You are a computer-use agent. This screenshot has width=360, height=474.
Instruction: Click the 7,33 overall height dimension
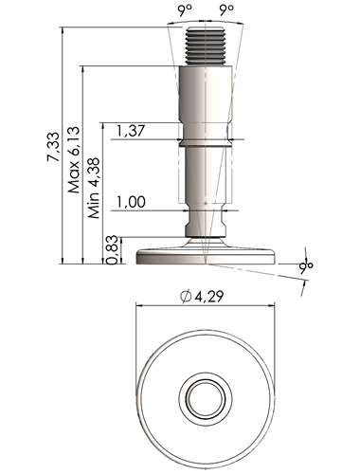(x=53, y=147)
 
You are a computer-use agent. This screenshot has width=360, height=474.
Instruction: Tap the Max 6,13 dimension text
(x=74, y=160)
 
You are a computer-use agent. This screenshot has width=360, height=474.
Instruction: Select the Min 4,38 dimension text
(x=94, y=188)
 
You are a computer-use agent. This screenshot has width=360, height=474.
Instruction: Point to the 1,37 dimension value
(x=131, y=131)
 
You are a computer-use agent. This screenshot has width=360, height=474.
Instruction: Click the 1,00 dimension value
(x=131, y=202)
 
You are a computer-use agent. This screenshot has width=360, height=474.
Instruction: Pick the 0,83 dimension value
(x=113, y=250)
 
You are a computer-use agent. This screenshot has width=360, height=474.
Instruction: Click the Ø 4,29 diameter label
(x=202, y=297)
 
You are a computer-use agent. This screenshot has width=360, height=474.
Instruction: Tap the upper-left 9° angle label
(x=185, y=10)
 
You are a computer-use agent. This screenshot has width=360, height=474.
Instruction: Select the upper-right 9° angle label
(x=226, y=10)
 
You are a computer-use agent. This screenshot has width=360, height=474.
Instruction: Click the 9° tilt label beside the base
(x=306, y=266)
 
